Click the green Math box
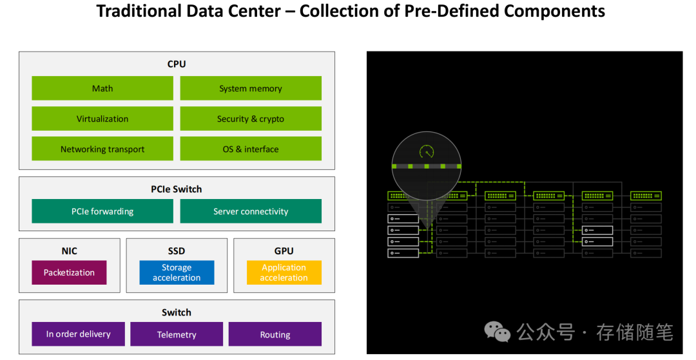point(102,88)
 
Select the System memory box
point(251,88)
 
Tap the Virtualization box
point(102,118)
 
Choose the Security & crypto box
point(251,118)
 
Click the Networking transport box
point(102,149)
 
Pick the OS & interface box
point(251,149)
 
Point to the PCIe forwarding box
point(102,211)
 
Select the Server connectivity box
point(251,211)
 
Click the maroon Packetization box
point(69,272)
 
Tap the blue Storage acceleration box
point(177,272)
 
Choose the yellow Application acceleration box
point(284,272)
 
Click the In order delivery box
point(78,334)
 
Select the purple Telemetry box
point(177,334)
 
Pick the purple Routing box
point(275,334)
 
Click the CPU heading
point(177,64)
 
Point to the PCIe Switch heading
point(177,189)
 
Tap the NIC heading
point(69,251)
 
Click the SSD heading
point(177,251)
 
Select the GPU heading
point(284,251)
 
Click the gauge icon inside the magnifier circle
point(427,152)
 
